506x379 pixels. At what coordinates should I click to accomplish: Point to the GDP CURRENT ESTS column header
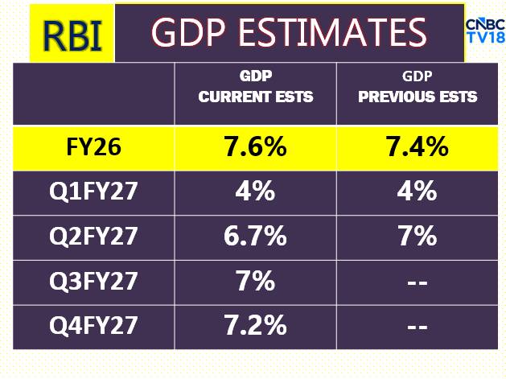256,87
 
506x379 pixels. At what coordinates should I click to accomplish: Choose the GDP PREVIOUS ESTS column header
417,87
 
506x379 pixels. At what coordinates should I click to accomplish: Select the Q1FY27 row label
95,192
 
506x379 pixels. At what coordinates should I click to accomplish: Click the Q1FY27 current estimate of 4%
255,192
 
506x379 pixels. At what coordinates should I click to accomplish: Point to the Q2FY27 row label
95,237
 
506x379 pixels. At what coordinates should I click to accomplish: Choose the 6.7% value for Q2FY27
255,237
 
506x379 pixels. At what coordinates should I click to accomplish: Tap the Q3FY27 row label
95,282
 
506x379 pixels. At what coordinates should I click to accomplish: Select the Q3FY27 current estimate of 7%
255,282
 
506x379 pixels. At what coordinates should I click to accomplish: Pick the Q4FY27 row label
95,326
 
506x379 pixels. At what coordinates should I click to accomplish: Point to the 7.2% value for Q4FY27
255,326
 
